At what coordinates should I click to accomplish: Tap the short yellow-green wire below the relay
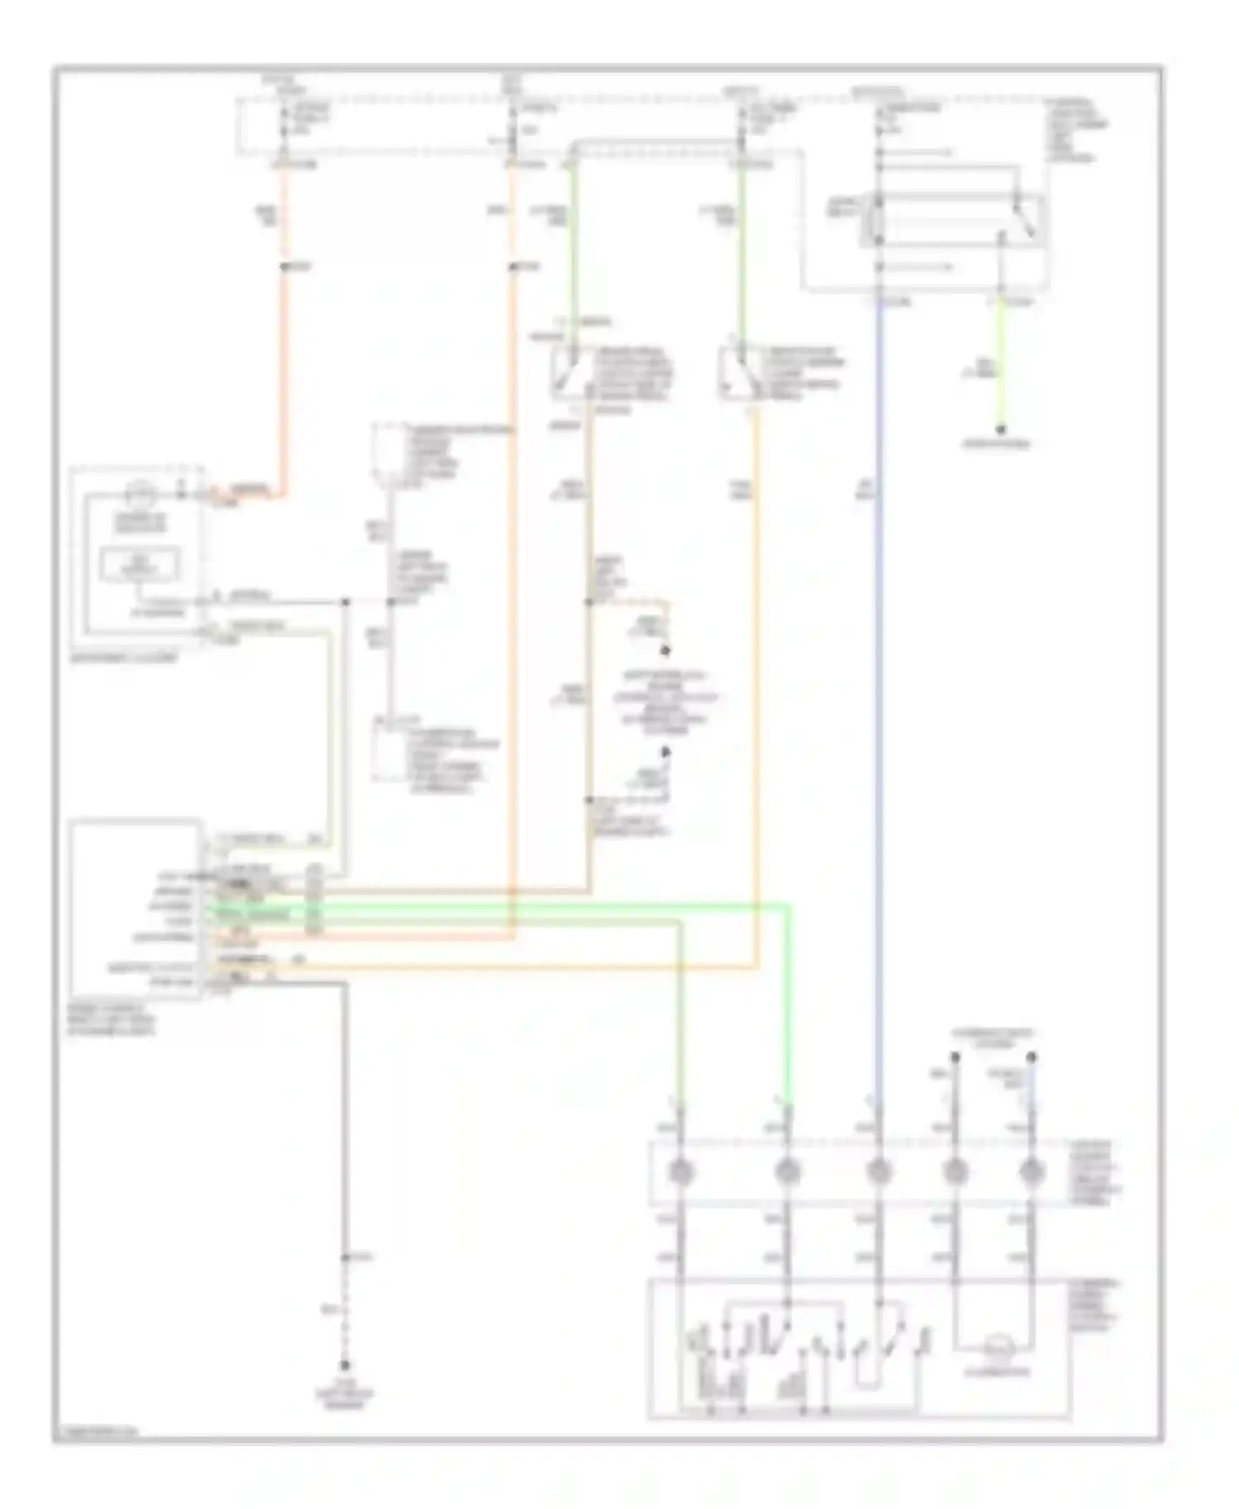click(x=1000, y=363)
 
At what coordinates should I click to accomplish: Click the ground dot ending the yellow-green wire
click(x=1000, y=429)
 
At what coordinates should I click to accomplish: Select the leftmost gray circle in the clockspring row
click(x=680, y=1171)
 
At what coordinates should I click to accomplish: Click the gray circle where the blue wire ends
click(x=880, y=1171)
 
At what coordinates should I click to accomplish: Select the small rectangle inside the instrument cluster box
click(x=140, y=564)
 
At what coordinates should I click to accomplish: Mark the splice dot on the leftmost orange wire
click(x=283, y=267)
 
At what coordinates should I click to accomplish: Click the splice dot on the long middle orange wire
click(x=513, y=267)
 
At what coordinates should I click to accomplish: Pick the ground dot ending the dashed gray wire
click(x=345, y=1366)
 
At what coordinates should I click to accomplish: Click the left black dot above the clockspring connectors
click(x=955, y=1057)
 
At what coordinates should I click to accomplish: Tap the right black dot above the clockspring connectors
click(x=1031, y=1057)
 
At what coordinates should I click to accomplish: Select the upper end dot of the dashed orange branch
click(x=666, y=650)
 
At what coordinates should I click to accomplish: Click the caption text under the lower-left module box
click(x=111, y=1020)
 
